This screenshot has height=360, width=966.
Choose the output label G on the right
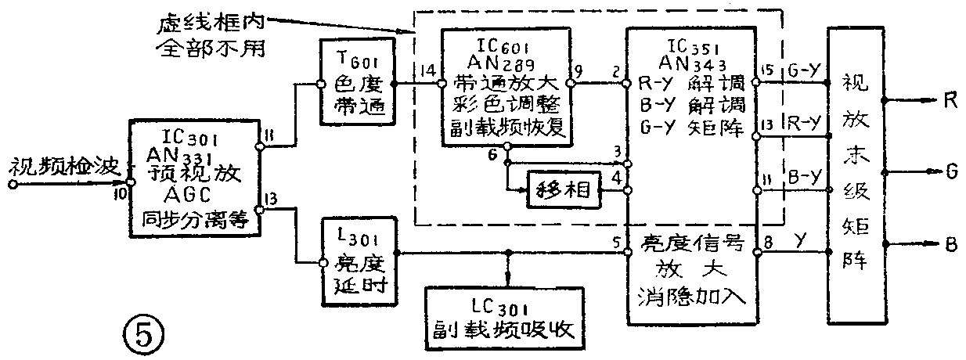click(950, 169)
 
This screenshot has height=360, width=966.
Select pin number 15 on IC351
click(768, 69)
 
